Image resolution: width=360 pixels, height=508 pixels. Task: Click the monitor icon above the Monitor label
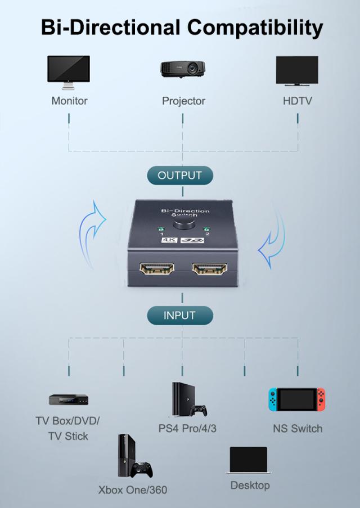tap(68, 71)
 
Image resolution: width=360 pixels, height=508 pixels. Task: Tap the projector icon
tap(182, 69)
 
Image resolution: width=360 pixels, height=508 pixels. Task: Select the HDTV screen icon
tap(297, 71)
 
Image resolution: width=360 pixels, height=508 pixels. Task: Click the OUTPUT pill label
tap(179, 175)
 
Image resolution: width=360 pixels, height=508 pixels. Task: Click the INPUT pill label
tap(179, 315)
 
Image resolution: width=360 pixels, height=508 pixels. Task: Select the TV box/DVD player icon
tap(69, 400)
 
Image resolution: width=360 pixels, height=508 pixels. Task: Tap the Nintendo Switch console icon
tap(296, 399)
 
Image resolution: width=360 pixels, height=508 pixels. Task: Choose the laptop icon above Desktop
tap(249, 461)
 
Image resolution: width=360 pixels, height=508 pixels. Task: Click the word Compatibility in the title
tap(255, 27)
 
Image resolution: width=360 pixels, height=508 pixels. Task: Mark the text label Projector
tap(183, 101)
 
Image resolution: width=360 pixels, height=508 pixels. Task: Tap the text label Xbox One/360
tap(133, 490)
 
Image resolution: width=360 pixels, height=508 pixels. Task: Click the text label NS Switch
tap(298, 429)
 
